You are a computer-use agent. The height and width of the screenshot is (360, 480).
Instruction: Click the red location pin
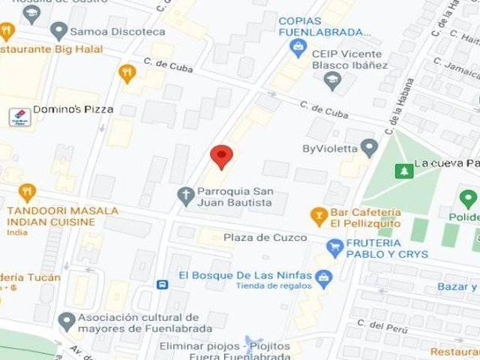[220, 156]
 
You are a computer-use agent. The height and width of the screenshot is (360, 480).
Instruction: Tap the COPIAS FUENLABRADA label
[324, 26]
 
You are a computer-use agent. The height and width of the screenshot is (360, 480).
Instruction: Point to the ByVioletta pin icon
[368, 148]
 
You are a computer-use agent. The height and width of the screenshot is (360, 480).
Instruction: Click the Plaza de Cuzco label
[265, 238]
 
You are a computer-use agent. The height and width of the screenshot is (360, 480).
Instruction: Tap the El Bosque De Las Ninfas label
[244, 274]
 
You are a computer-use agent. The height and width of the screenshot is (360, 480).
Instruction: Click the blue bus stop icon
[162, 284]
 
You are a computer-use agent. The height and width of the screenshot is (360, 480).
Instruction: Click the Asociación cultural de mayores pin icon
[67, 321]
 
